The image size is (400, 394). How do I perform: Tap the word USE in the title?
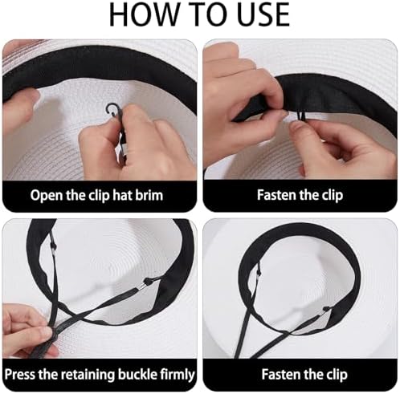pos(263,14)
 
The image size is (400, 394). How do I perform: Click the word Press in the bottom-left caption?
pos(20,374)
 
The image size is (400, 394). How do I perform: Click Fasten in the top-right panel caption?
pos(276,195)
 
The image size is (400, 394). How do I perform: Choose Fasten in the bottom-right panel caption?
pos(281,374)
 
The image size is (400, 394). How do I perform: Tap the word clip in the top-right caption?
pos(332,196)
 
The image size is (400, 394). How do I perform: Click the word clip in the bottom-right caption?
pos(337,375)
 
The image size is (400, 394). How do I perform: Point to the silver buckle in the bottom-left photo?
pos(142,287)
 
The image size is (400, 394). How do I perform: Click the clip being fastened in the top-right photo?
pos(302,117)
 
